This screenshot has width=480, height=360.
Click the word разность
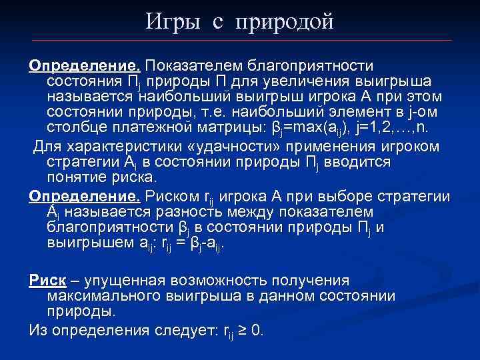pyautogui.click(x=209, y=211)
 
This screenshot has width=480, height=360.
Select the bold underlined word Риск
pyautogui.click(x=46, y=279)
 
